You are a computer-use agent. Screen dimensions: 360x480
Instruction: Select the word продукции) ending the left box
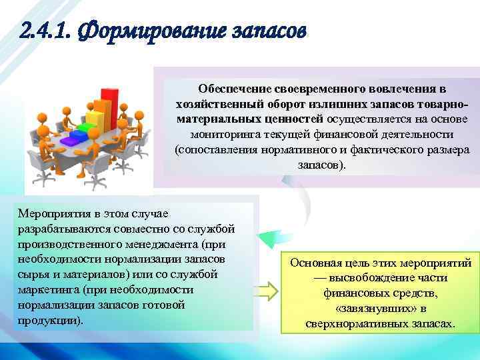(43, 321)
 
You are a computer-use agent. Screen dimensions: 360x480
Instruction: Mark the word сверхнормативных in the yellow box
(349, 325)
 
